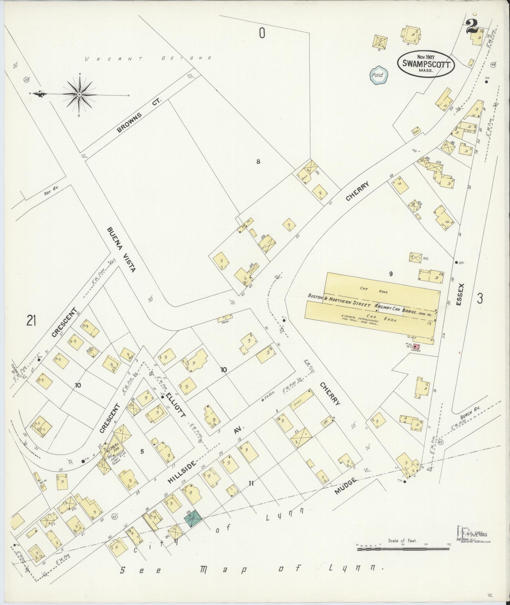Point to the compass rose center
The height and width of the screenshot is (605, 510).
click(79, 95)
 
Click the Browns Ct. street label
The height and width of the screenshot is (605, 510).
click(139, 115)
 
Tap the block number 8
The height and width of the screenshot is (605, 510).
click(258, 162)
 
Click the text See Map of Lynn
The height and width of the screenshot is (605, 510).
click(252, 571)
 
